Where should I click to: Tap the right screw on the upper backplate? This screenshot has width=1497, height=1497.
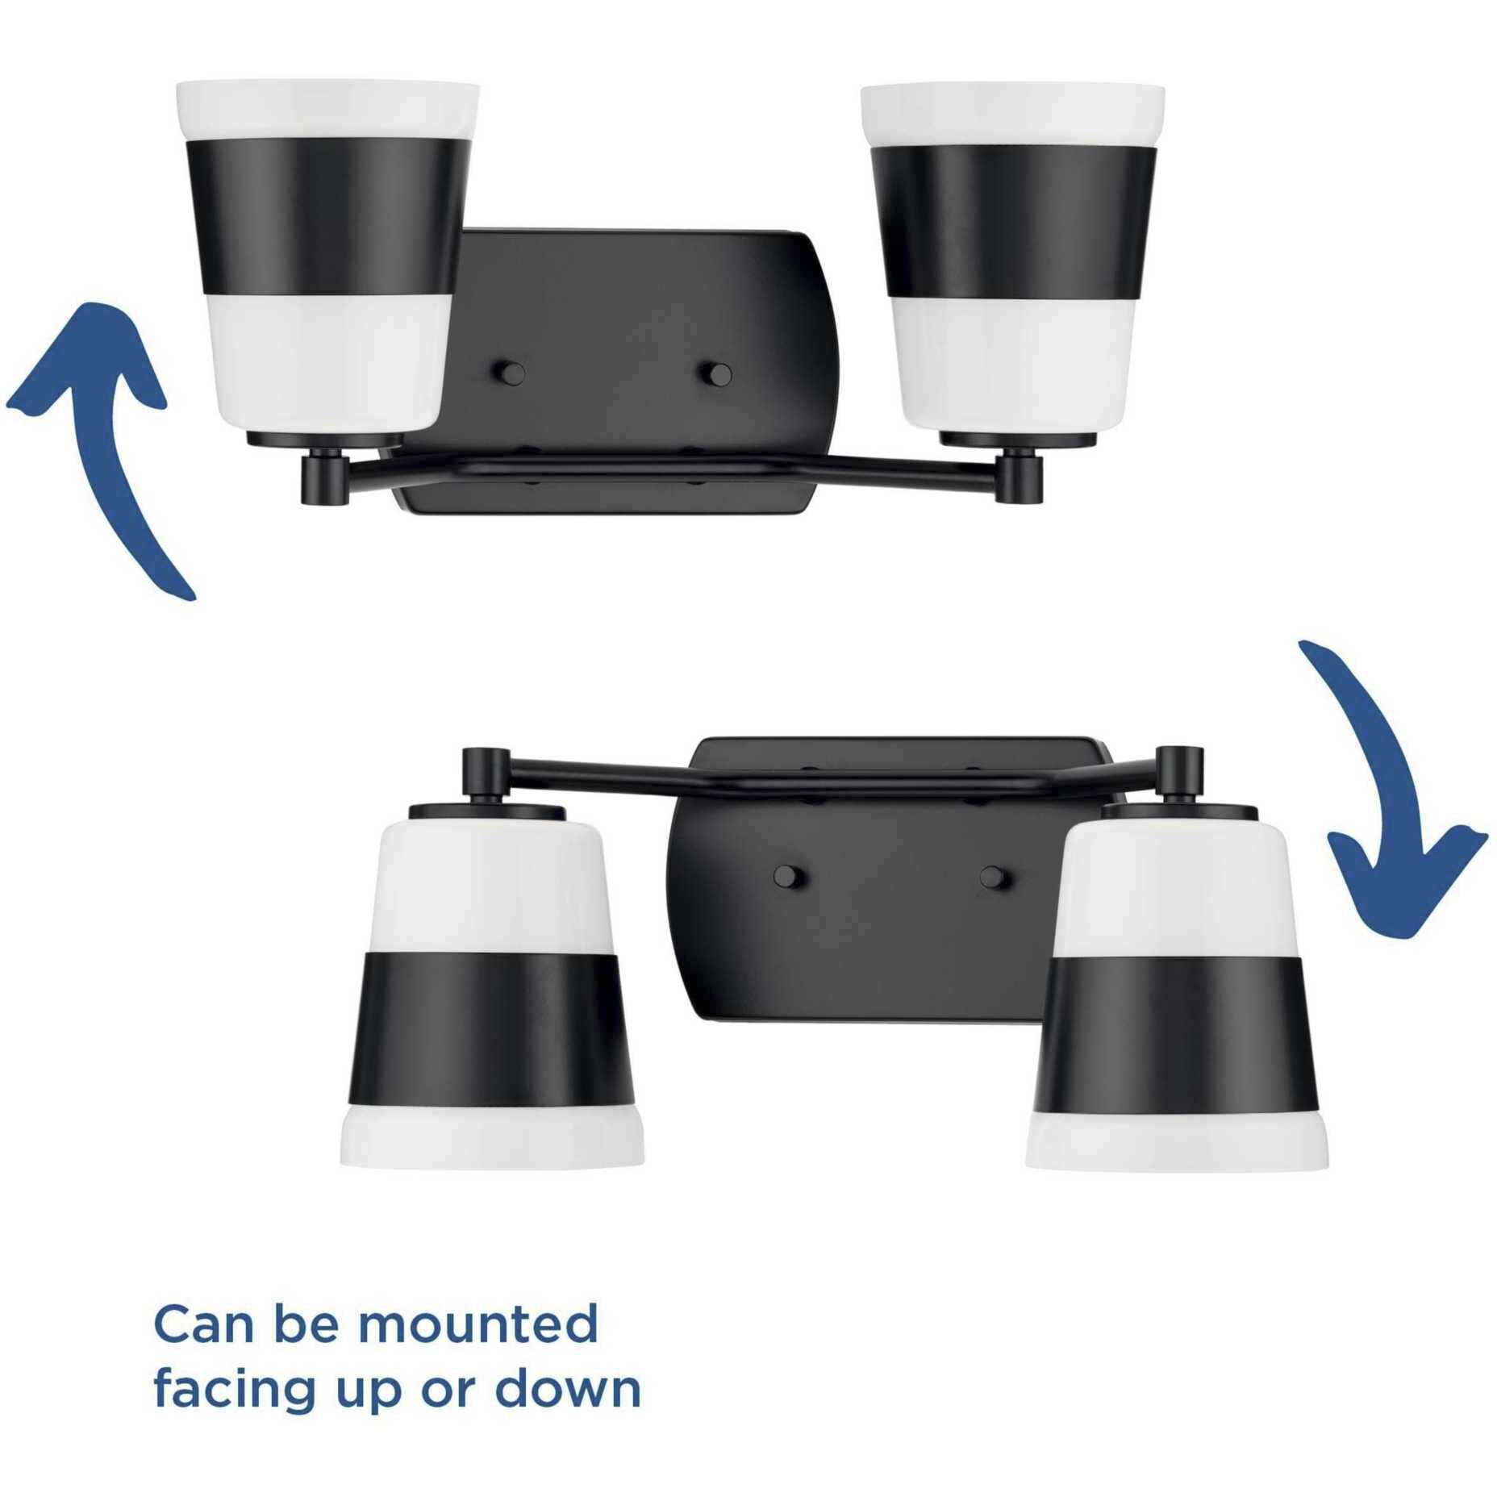[x=716, y=373]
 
